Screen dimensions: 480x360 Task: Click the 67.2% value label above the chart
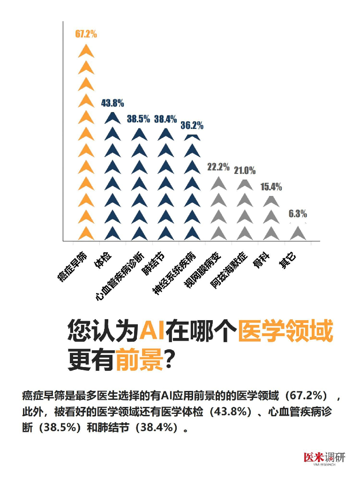click(x=86, y=34)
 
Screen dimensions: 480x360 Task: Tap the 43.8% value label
click(x=112, y=104)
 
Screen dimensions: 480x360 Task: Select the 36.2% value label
click(x=192, y=126)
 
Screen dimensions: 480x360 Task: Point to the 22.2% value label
click(x=218, y=167)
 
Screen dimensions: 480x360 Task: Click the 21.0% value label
click(x=245, y=171)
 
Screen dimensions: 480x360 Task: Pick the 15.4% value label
click(x=271, y=187)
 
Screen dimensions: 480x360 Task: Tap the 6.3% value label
click(x=298, y=214)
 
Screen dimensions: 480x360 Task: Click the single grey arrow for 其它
click(x=298, y=232)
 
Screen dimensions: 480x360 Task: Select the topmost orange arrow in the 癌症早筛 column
click(x=86, y=51)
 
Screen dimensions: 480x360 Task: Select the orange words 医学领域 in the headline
click(x=285, y=332)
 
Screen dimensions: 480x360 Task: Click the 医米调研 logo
click(x=324, y=457)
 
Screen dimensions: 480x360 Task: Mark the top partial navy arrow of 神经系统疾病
click(x=192, y=137)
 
